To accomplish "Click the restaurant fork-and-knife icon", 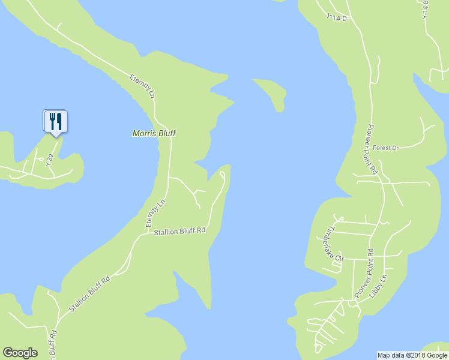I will [55, 121].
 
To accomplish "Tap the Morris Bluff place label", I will [154, 133].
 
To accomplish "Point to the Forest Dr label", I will [385, 148].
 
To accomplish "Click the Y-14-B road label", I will [426, 8].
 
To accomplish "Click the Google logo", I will [20, 353].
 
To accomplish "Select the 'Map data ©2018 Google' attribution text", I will [412, 355].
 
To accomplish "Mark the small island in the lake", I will [272, 92].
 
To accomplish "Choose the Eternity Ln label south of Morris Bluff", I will [155, 214].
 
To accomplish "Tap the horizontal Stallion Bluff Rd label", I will [179, 231].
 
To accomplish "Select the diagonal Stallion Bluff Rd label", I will [89, 293].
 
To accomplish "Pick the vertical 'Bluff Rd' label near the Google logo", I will [53, 344].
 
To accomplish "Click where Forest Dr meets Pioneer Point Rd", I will [372, 147].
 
